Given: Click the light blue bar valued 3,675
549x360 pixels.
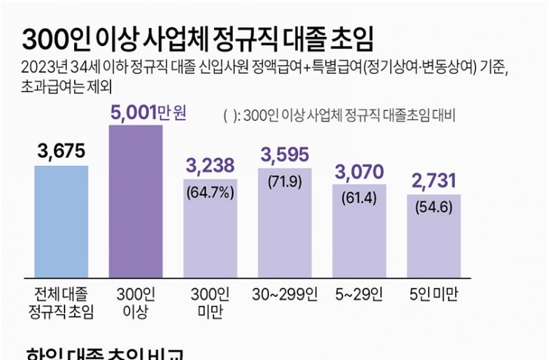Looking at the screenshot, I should [61, 220].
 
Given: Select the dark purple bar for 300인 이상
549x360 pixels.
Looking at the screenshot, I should [136, 200].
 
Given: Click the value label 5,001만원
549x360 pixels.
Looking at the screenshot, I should [148, 113].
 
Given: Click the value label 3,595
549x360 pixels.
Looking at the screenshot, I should [285, 156].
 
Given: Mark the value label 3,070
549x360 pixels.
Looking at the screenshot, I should [360, 173].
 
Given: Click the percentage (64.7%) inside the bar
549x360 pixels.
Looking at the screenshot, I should [210, 195].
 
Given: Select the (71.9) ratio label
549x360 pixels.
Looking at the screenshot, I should [285, 182].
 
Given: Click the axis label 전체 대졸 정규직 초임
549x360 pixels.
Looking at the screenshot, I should [61, 301].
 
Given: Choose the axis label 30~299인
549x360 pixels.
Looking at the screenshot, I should [285, 294].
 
